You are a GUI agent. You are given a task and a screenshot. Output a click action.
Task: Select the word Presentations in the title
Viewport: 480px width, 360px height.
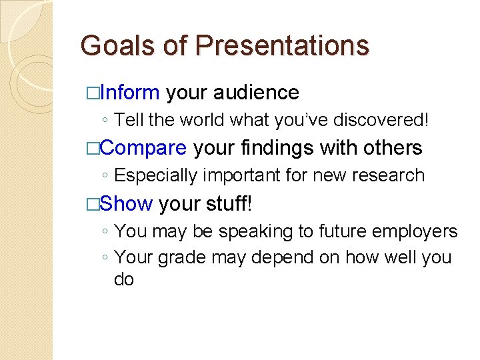283,46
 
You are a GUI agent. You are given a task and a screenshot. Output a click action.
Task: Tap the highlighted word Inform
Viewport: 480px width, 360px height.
129,92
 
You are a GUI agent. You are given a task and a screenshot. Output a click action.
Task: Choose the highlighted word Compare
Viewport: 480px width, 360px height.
143,147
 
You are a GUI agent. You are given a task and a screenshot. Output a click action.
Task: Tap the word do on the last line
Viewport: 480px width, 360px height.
125,279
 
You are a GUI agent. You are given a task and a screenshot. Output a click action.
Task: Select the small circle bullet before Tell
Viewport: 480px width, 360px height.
105,121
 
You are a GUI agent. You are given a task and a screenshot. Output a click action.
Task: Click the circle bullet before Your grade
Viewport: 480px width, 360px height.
105,258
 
